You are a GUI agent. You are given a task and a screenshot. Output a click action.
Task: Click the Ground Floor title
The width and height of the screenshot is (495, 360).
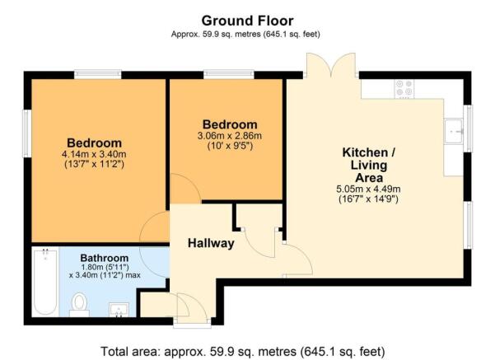pos(247,20)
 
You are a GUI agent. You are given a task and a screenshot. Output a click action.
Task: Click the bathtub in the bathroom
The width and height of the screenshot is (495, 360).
pos(43,284)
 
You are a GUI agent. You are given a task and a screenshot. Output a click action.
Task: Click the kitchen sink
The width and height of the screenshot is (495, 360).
pos(454,130)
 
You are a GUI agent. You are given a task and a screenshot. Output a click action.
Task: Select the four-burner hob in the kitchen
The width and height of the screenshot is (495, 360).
pos(404,86)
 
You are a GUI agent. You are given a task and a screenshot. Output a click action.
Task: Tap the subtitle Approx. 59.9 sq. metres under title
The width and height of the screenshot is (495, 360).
pos(247,35)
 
